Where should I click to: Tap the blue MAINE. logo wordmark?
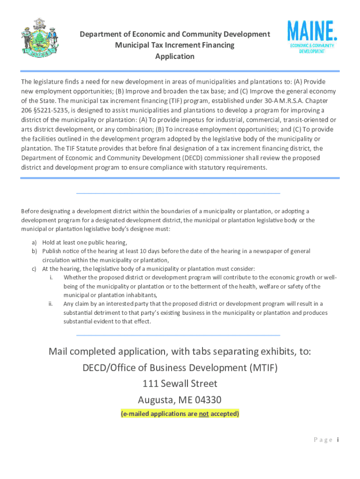(x=312, y=31)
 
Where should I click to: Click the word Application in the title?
(x=175, y=57)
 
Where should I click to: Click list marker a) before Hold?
(x=34, y=243)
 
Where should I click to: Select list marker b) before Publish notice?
(x=34, y=251)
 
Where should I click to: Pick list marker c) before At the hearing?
(x=34, y=269)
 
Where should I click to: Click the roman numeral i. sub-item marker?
(x=50, y=278)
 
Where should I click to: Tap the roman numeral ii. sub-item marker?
(x=50, y=304)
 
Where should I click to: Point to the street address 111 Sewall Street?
(x=180, y=384)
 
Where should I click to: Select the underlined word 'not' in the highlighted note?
(x=203, y=414)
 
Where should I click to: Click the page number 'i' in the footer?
(x=338, y=440)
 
